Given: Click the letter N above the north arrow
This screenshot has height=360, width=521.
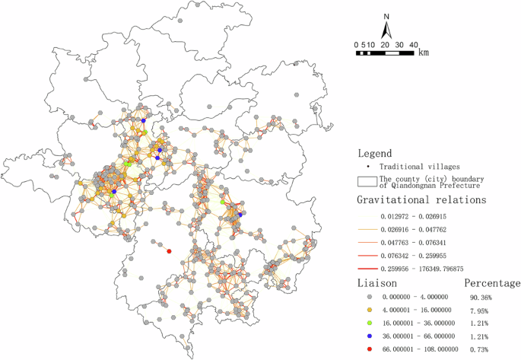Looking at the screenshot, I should (386, 17).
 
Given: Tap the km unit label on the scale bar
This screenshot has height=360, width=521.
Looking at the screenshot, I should (423, 53).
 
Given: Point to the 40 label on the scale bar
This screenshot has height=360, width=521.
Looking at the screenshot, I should (413, 44).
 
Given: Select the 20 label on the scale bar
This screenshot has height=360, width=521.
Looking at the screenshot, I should (385, 44).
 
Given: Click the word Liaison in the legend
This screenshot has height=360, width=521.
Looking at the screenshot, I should (378, 283).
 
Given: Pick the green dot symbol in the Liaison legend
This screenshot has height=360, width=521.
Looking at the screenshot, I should (370, 323).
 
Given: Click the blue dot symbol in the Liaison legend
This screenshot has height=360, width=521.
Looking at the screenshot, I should (370, 336).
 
